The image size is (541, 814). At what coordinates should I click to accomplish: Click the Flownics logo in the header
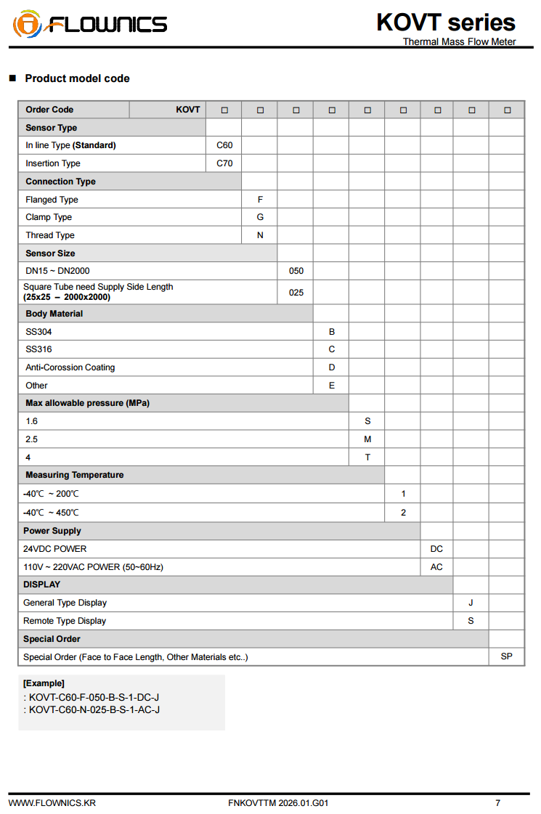click(x=90, y=24)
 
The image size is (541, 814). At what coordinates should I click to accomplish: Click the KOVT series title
click(x=445, y=23)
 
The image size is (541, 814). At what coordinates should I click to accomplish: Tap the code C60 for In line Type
click(x=224, y=145)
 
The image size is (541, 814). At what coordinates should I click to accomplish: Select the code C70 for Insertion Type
click(x=224, y=163)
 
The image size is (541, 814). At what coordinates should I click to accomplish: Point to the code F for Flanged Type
click(x=260, y=200)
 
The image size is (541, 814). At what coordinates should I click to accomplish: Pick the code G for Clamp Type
click(x=260, y=217)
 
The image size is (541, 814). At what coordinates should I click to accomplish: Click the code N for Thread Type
click(x=260, y=235)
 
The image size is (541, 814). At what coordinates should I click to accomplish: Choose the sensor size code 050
click(x=296, y=271)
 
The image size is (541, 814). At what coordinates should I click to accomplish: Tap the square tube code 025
click(x=296, y=292)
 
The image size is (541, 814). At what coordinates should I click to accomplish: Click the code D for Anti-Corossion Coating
click(x=332, y=367)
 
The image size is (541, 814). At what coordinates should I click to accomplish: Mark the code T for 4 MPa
click(x=367, y=457)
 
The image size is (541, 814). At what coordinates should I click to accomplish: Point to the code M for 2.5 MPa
click(x=367, y=439)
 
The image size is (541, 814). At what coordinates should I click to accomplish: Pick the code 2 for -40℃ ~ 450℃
click(x=403, y=513)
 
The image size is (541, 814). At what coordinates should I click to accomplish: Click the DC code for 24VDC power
click(x=436, y=549)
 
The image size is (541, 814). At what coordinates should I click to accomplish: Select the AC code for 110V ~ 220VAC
click(x=436, y=567)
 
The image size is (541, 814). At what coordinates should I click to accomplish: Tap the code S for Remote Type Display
click(x=471, y=621)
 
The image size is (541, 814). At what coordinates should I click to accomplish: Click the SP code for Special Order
click(x=506, y=656)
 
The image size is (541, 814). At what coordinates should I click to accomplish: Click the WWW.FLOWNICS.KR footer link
click(x=52, y=803)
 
